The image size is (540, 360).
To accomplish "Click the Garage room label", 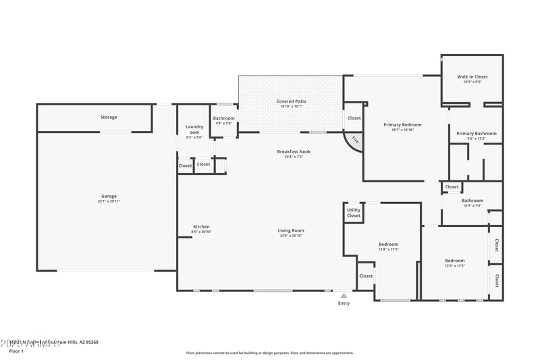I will pos(109,196).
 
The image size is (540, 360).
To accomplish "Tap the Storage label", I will pos(109,117).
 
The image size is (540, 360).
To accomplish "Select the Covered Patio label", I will pos(291,101).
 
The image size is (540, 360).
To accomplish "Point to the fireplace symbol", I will pos(354,140).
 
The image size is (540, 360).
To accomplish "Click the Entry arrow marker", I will pos(344,295).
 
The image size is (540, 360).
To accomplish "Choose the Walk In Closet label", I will pos(473,77).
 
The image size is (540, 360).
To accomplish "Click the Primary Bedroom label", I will pos(402,125).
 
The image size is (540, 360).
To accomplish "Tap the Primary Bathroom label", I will pos(476,134).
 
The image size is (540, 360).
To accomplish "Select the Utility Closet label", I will pos(354,213).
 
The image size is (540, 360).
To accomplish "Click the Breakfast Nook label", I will pos(294,151).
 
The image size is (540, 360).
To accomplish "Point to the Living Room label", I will pos(291,230).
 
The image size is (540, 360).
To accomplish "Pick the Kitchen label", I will pos(201,226).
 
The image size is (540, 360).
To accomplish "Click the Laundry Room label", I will pos(194,130).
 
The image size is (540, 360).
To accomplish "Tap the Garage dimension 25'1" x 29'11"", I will pos(109,201).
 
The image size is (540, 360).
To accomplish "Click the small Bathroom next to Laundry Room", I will pos(224,118).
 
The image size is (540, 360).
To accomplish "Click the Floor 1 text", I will pos(16,351).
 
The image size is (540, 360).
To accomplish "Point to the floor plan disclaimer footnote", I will pos(270,353).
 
